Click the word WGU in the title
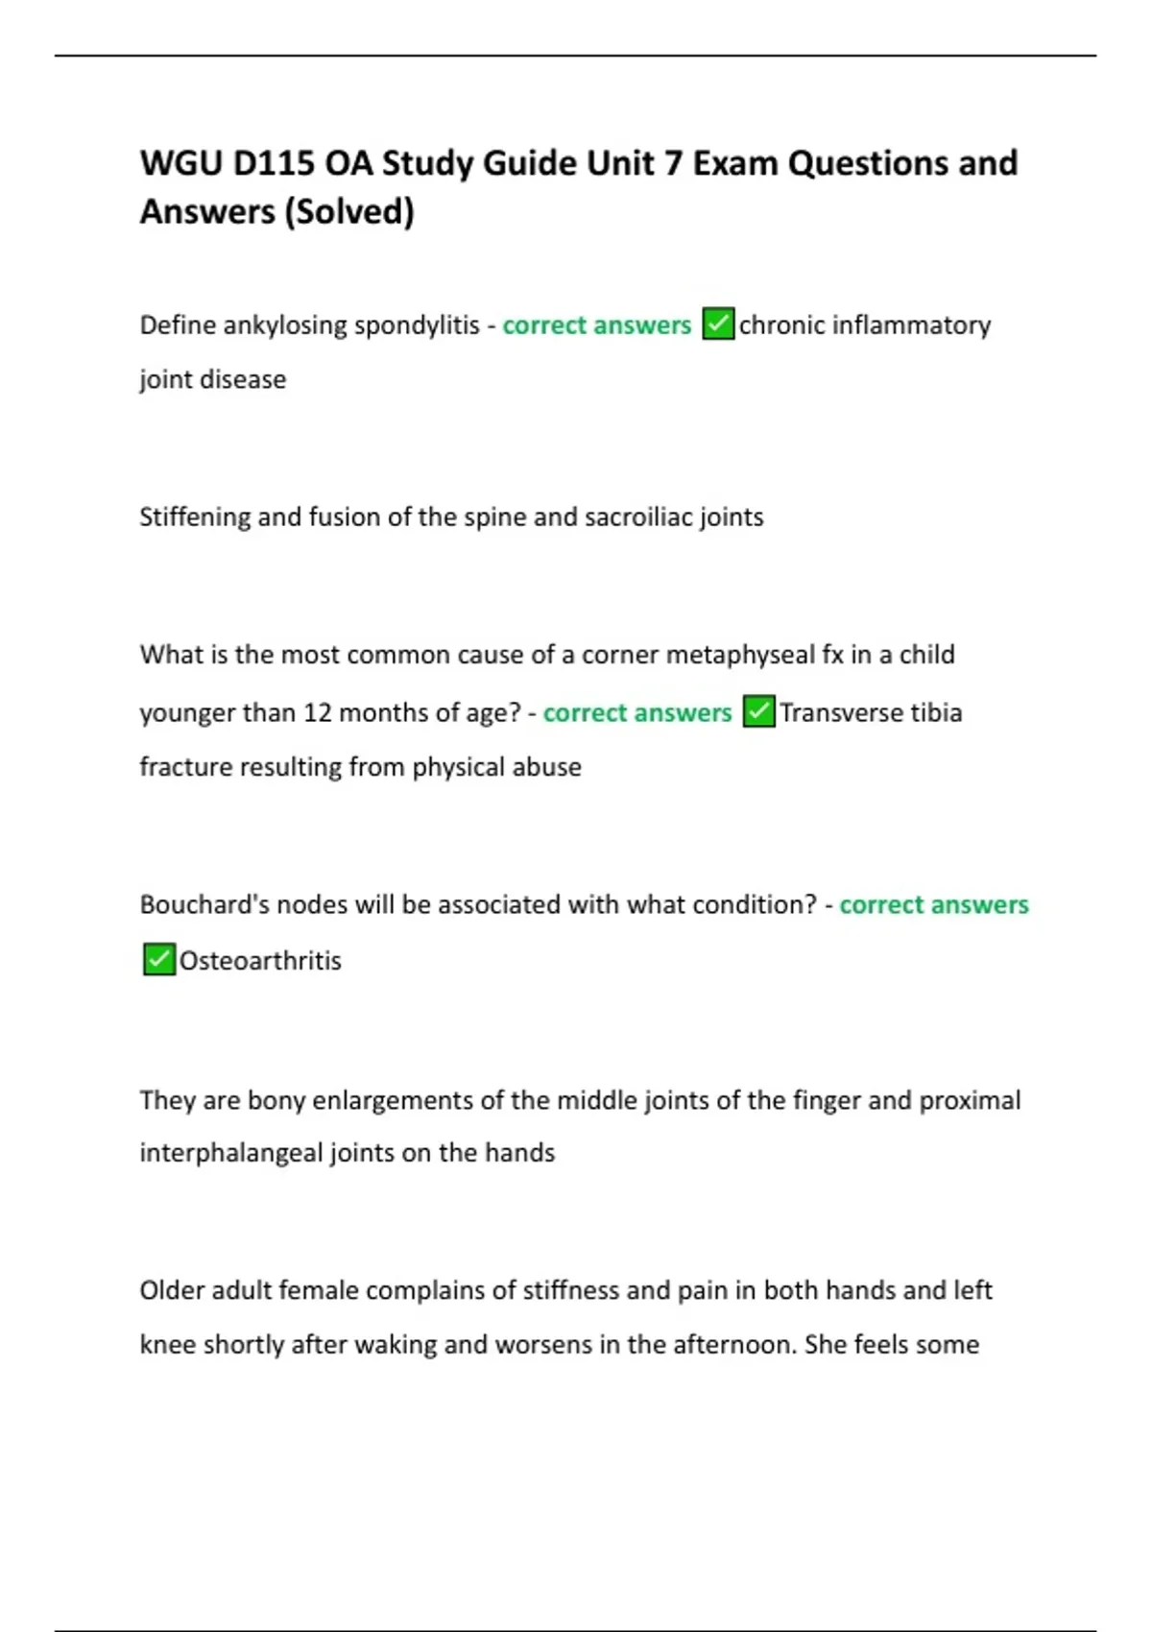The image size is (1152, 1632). pos(180,163)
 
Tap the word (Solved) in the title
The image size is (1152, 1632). pos(349,211)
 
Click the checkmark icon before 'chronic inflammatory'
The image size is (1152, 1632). pos(718,324)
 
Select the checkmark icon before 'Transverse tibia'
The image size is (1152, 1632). pos(758,712)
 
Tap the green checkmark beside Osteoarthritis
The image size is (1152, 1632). pos(158,959)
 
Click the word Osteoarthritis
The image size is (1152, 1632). pos(260,960)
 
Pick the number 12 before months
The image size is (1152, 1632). pos(318,712)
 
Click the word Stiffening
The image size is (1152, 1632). pos(195,516)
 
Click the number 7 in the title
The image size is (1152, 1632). pos(672,163)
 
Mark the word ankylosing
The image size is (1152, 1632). pos(285,325)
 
